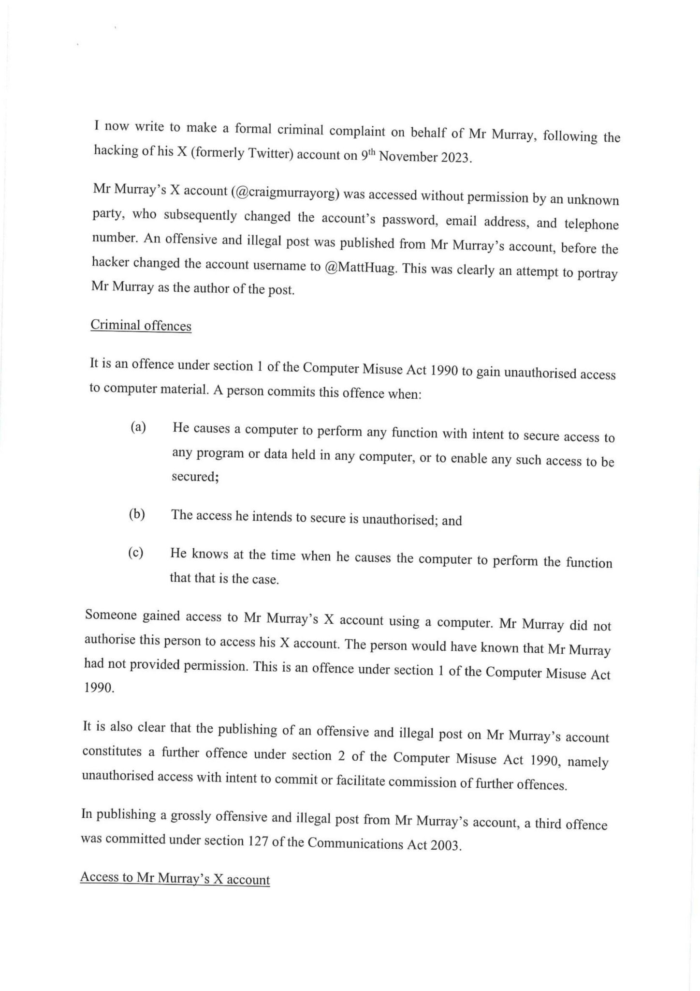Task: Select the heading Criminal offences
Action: coord(141,325)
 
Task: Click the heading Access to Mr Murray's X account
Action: coord(175,878)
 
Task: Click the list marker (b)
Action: coord(137,514)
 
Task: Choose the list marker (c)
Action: coord(136,553)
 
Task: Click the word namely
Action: coord(587,762)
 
